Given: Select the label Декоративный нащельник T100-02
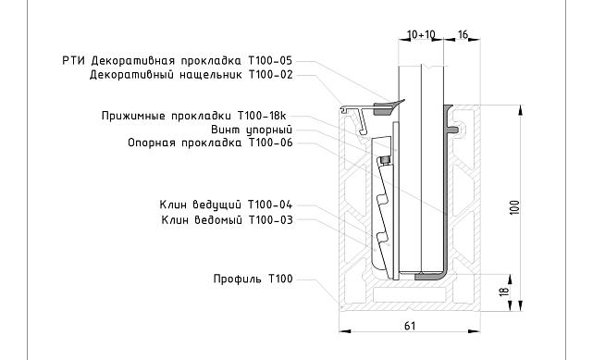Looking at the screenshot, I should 191,75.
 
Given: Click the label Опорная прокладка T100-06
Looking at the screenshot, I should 210,143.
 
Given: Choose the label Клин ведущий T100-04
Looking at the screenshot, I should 226,204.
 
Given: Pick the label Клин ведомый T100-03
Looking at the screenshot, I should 226,219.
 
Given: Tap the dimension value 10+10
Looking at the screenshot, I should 421,34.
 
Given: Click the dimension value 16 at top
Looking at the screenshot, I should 463,34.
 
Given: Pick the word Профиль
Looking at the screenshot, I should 230,279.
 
